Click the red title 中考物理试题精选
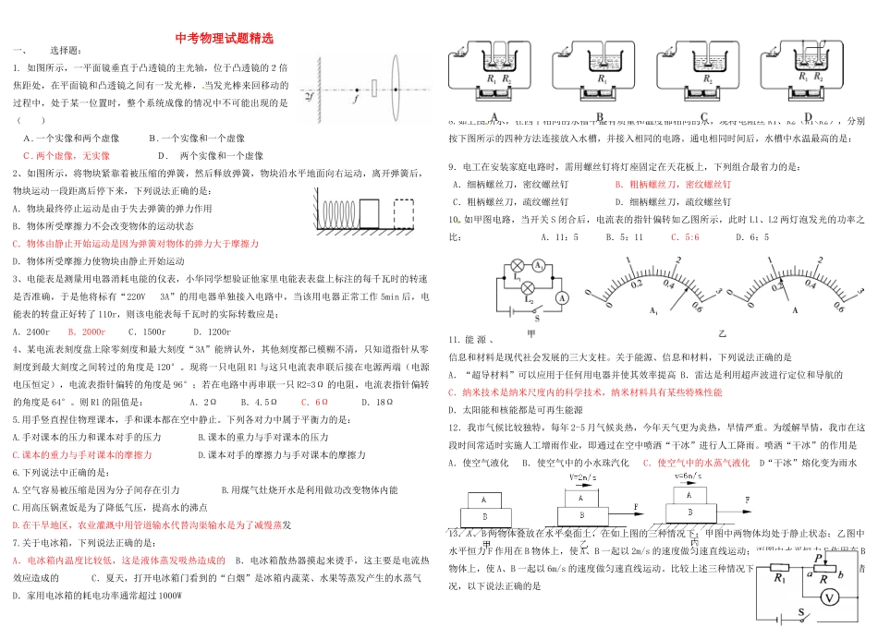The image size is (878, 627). point(224,40)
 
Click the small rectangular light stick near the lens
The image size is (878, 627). point(373,88)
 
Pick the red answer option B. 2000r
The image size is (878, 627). point(87,331)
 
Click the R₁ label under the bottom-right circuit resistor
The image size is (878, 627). point(778,579)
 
